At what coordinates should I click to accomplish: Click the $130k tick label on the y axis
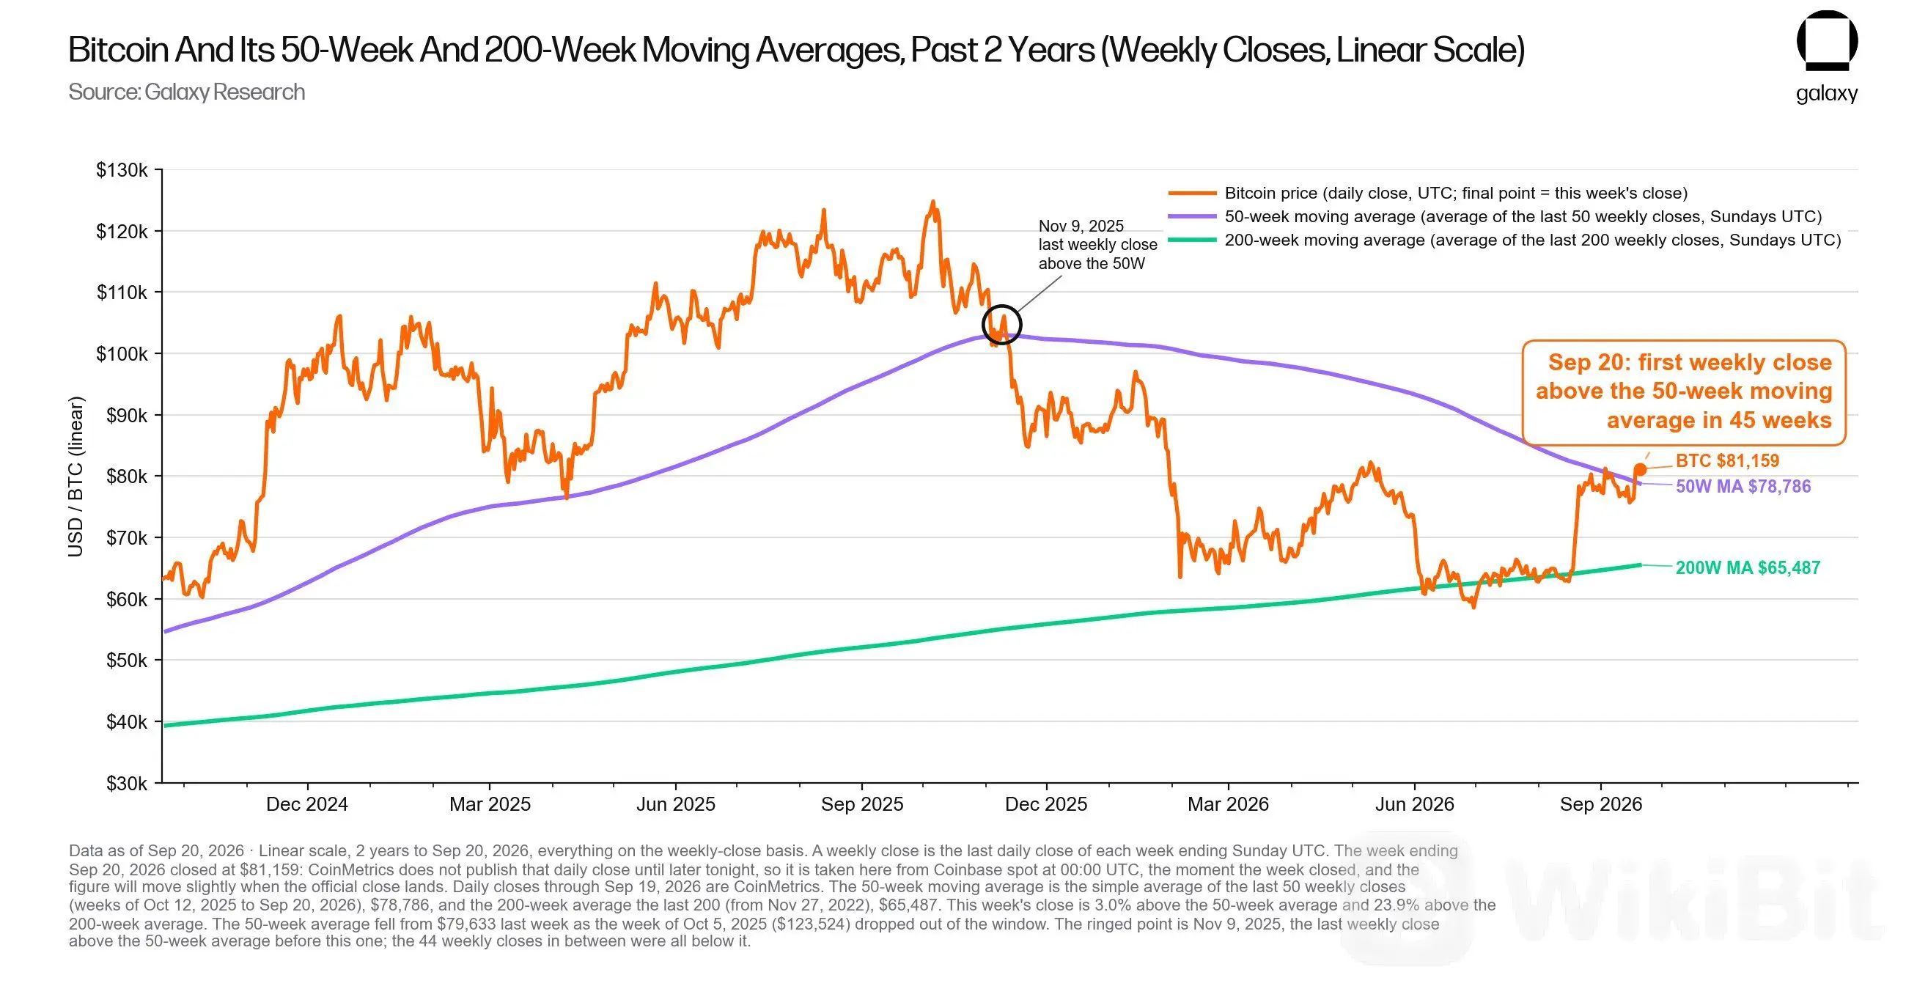pyautogui.click(x=122, y=170)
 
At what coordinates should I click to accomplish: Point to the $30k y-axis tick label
pyautogui.click(x=128, y=783)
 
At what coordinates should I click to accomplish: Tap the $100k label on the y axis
pyautogui.click(x=122, y=354)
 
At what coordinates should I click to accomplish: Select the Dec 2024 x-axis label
pyautogui.click(x=307, y=804)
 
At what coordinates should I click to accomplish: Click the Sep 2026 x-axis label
pyautogui.click(x=1601, y=804)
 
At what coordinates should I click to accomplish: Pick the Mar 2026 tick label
pyautogui.click(x=1228, y=804)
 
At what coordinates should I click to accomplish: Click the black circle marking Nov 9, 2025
pyautogui.click(x=1002, y=306)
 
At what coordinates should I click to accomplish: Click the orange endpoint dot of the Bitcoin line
pyautogui.click(x=1641, y=469)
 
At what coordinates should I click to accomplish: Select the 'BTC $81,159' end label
pyautogui.click(x=1728, y=460)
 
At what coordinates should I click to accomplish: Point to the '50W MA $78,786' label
pyautogui.click(x=1743, y=486)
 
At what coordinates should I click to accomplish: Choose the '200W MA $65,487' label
pyautogui.click(x=1748, y=567)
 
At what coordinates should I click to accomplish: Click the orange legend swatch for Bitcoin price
pyautogui.click(x=1192, y=194)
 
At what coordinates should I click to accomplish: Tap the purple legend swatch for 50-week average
pyautogui.click(x=1192, y=217)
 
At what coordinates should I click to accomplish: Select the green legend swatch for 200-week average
pyautogui.click(x=1192, y=240)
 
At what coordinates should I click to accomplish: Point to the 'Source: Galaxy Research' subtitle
pyautogui.click(x=186, y=92)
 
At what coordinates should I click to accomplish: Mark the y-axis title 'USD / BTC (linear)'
pyautogui.click(x=76, y=477)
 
